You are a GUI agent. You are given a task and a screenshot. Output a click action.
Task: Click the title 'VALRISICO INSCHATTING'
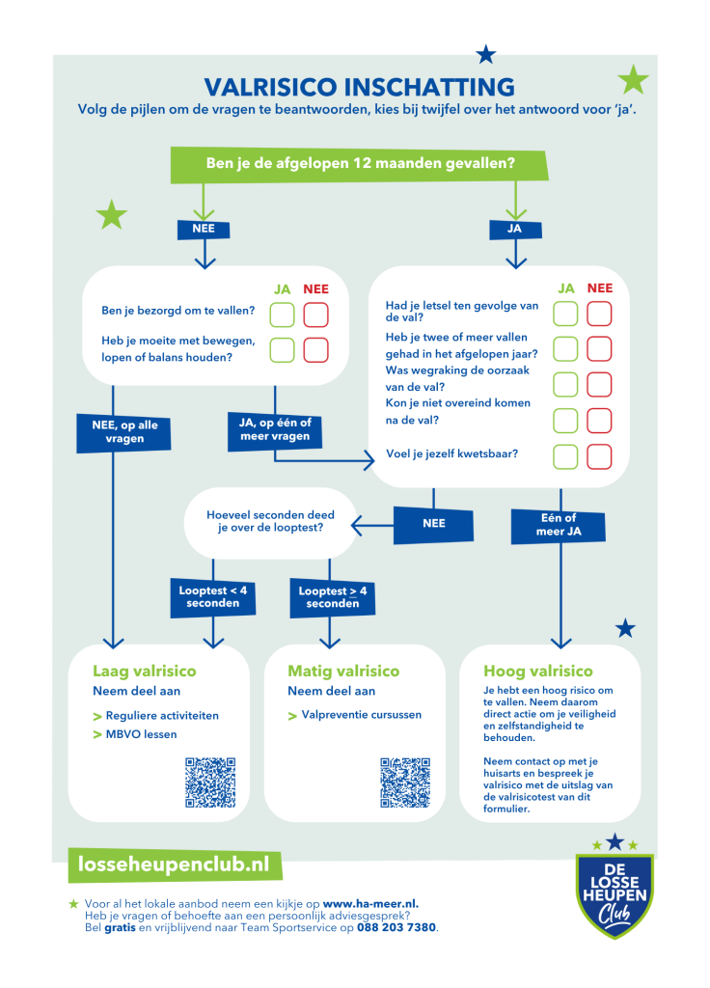[359, 87]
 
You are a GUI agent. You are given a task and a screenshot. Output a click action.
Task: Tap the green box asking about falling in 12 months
[359, 164]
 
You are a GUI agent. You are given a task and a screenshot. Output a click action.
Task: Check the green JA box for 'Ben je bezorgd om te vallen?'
[283, 316]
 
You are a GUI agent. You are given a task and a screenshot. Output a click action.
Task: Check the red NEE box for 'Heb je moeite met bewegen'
[316, 350]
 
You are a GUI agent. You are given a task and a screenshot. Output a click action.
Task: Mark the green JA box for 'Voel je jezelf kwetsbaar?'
[565, 456]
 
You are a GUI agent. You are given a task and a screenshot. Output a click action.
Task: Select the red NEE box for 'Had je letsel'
[599, 314]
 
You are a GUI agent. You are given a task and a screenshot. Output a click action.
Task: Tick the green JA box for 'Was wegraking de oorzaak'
[565, 384]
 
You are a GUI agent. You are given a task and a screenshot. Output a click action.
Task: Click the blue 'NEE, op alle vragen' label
[123, 432]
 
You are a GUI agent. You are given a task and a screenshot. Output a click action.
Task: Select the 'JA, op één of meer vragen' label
[275, 430]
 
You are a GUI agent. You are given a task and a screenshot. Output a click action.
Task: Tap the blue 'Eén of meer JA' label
[559, 526]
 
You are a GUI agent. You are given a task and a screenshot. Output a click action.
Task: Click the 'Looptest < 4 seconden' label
[213, 596]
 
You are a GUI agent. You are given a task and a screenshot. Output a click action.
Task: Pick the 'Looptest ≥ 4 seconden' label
[333, 596]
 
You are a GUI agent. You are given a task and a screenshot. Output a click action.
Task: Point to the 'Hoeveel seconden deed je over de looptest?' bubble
[270, 522]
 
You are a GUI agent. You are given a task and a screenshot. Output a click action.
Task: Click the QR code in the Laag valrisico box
[210, 782]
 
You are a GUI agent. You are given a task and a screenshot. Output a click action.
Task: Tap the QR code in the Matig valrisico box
[405, 782]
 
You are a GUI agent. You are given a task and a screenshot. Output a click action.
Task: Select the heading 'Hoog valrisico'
[538, 672]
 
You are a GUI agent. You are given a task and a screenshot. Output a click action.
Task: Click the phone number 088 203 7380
[396, 927]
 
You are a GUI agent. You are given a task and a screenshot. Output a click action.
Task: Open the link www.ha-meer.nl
[370, 903]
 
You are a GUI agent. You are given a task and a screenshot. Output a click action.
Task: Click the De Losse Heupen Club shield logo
[614, 892]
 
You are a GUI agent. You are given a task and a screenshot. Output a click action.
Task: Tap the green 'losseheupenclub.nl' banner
[174, 864]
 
